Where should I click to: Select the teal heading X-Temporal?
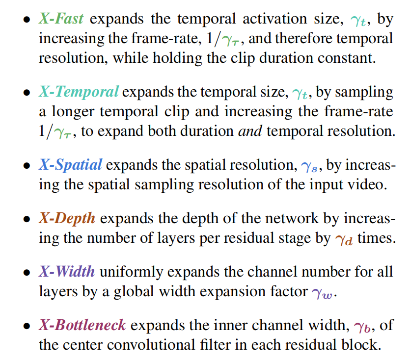[x=79, y=92]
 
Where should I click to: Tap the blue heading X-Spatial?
[x=70, y=164]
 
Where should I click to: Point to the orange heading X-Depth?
[x=67, y=217]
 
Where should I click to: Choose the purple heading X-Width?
[x=67, y=271]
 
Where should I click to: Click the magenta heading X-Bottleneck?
[x=82, y=325]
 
